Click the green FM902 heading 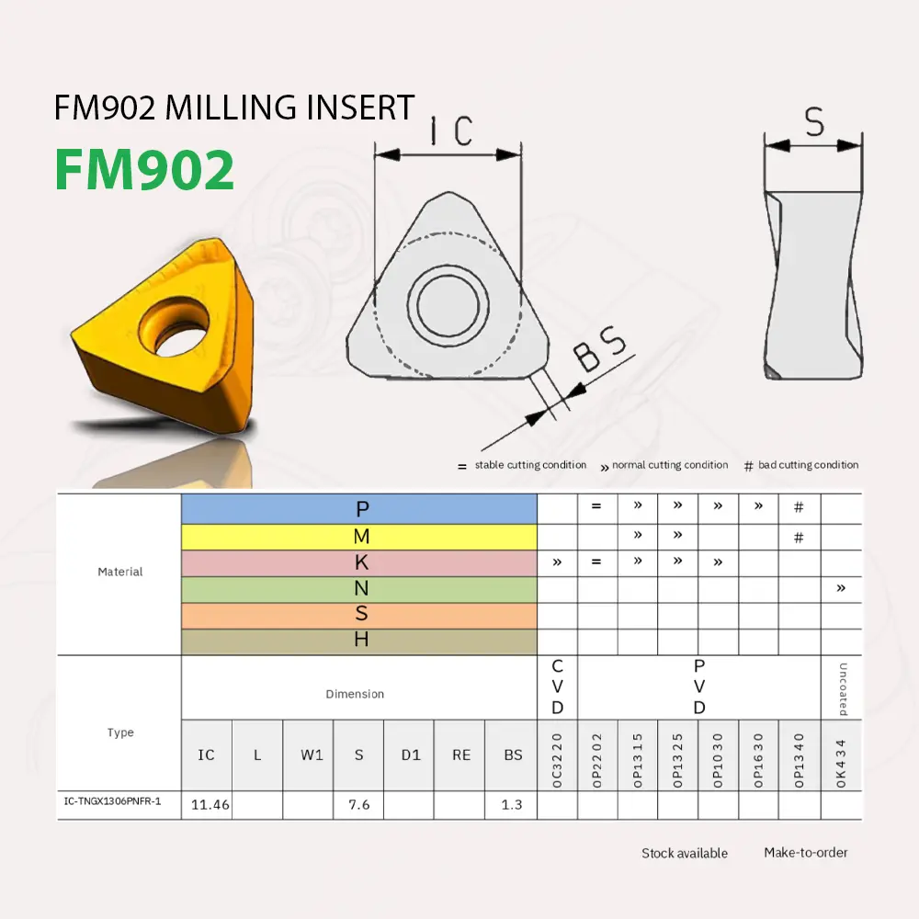pos(144,170)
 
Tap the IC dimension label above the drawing pos(449,131)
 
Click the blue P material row pos(359,509)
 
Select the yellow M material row pos(359,537)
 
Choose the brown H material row pos(359,641)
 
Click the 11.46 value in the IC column pos(210,804)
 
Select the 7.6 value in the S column pos(358,804)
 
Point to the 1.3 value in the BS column pos(512,804)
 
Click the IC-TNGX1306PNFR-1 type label pos(112,802)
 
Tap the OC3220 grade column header pos(557,760)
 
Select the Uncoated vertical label pos(843,688)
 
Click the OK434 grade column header pos(841,760)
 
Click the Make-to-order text pos(805,853)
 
